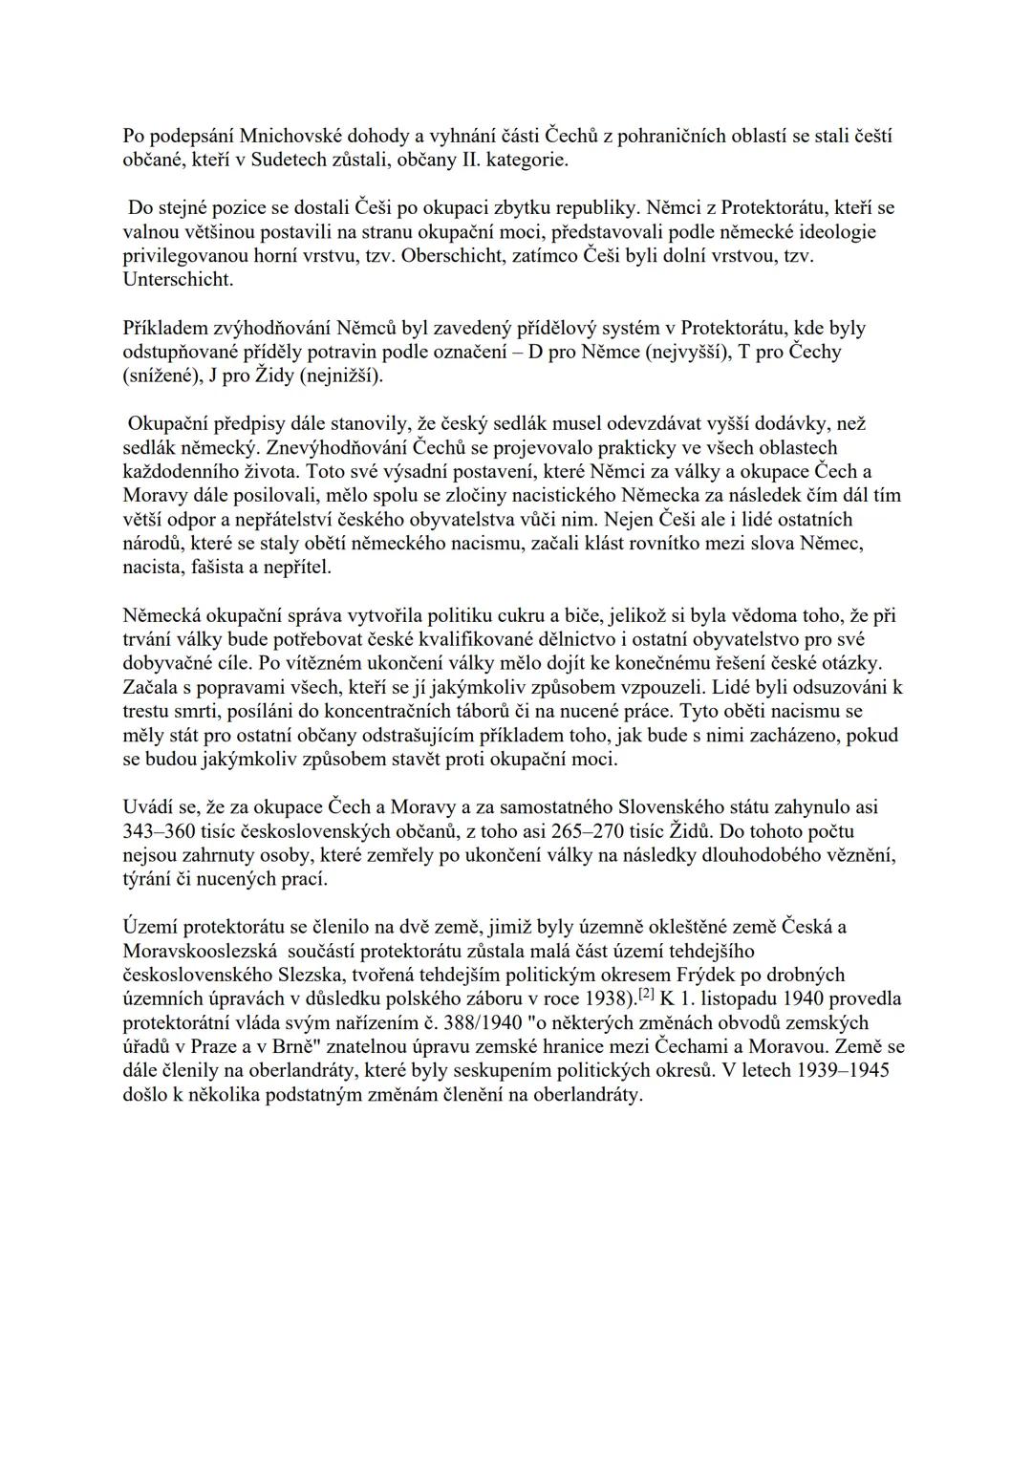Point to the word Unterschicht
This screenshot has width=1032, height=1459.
pos(178,280)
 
